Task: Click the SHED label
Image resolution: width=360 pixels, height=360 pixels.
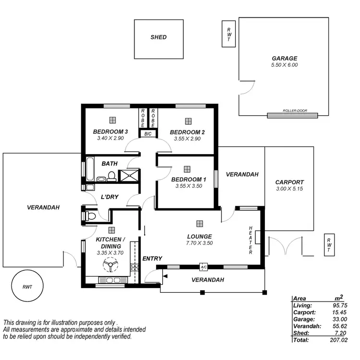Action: pyautogui.click(x=158, y=37)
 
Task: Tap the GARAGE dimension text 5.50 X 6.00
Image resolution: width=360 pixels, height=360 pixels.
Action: pyautogui.click(x=285, y=65)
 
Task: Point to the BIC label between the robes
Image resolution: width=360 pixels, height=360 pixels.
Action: pyautogui.click(x=147, y=134)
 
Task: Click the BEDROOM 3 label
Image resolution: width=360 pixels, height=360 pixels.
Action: pyautogui.click(x=110, y=132)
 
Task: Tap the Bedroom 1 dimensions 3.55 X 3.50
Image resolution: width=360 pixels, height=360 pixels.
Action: pyautogui.click(x=189, y=186)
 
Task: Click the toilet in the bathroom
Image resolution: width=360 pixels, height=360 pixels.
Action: pyautogui.click(x=111, y=177)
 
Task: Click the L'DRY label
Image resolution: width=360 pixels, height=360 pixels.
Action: pyautogui.click(x=109, y=197)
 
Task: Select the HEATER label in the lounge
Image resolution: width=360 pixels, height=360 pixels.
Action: pyautogui.click(x=251, y=240)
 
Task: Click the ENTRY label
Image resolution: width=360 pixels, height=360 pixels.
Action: pyautogui.click(x=152, y=259)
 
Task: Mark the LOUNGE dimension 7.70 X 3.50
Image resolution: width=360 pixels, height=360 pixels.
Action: pyautogui.click(x=199, y=243)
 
